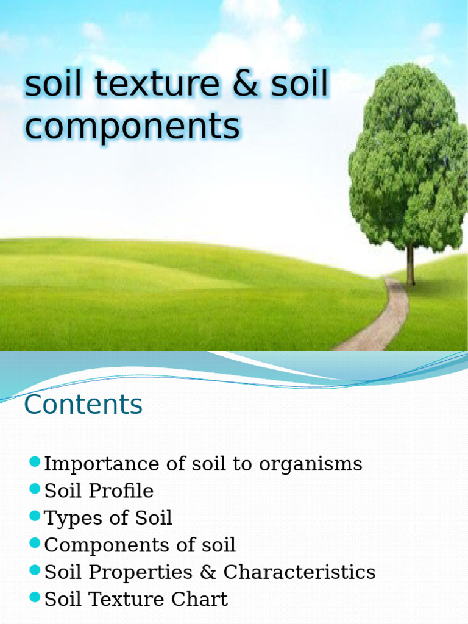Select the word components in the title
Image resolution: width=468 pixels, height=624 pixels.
coord(132,127)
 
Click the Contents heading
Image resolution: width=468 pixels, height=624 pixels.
coord(83,405)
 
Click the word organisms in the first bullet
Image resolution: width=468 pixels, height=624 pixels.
coord(311,464)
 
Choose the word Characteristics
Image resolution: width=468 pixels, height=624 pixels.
coord(299,572)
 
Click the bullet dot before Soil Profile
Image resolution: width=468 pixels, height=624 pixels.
coord(35,489)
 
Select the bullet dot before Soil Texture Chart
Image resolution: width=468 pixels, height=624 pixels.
coord(35,597)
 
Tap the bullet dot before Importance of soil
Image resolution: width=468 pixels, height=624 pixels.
coord(35,461)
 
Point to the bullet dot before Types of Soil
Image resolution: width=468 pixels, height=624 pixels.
coord(35,516)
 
